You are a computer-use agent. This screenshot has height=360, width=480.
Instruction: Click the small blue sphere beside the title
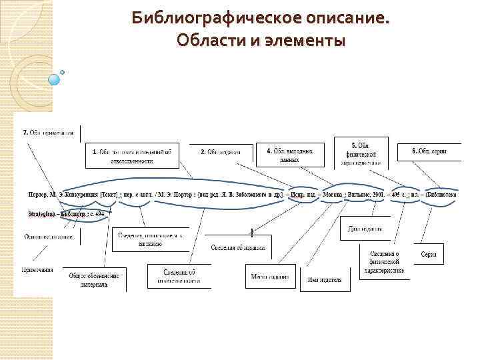(55, 79)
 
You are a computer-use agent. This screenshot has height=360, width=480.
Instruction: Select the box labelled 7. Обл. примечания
(51, 132)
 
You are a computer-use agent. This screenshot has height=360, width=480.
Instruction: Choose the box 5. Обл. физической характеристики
(363, 154)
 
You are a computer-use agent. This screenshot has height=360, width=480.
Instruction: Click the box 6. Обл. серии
(429, 151)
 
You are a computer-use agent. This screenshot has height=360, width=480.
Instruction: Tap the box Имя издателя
(325, 279)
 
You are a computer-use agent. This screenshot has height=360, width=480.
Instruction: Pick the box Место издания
(269, 276)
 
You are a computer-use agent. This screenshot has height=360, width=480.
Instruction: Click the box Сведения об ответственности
(179, 276)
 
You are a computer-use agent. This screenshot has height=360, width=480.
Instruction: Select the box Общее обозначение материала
(95, 279)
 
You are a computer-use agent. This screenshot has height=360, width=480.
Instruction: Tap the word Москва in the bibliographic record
(333, 195)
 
